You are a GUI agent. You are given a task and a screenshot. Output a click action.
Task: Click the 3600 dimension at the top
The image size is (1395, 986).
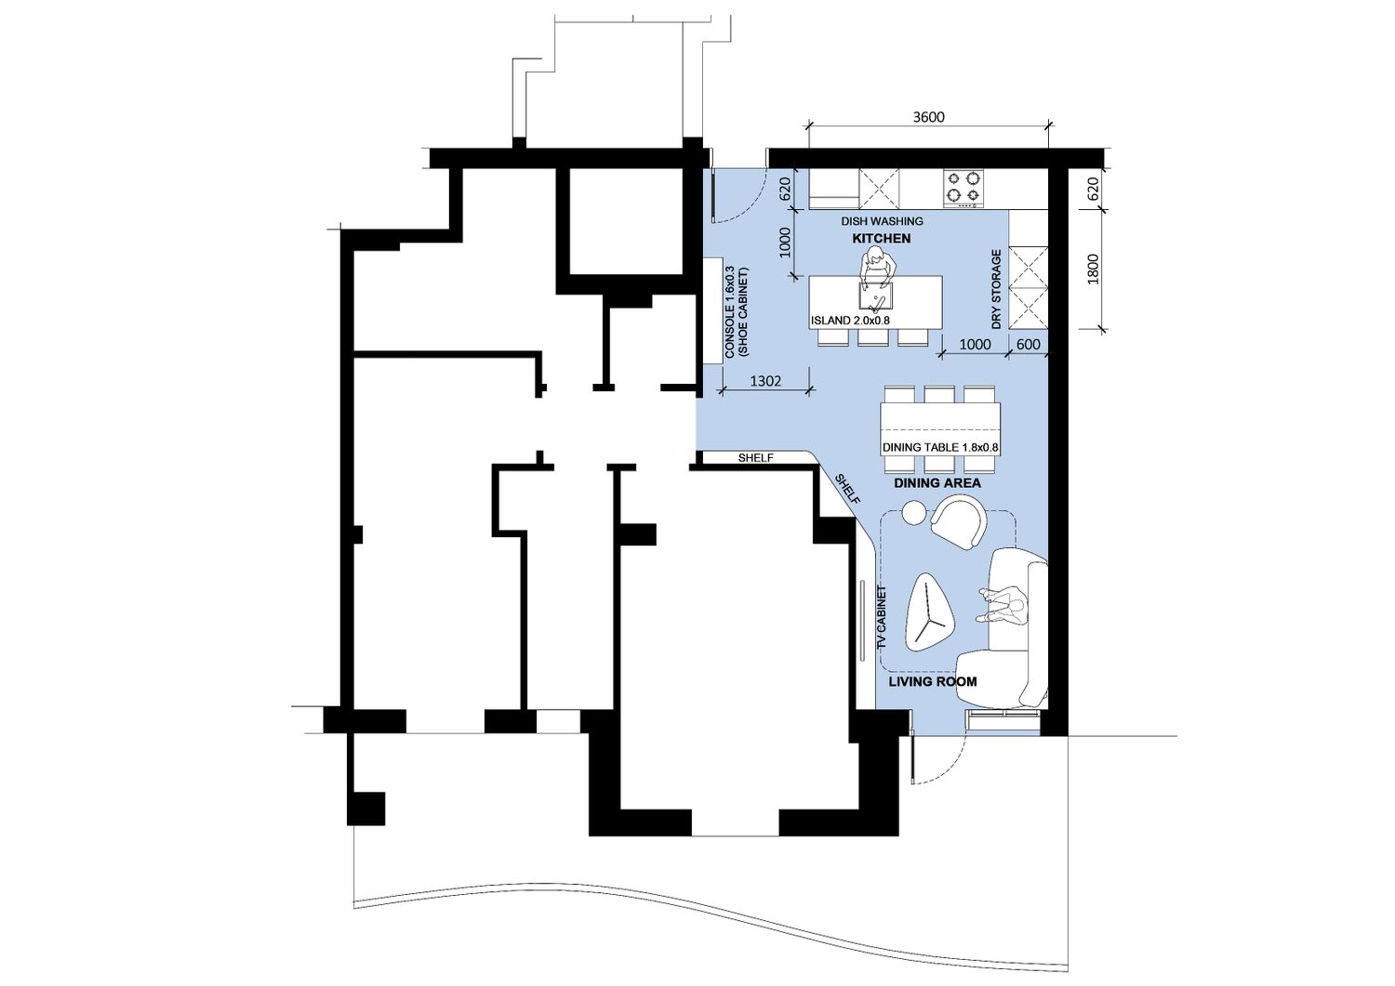(928, 117)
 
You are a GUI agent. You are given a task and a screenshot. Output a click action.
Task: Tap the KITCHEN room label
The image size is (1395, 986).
(882, 239)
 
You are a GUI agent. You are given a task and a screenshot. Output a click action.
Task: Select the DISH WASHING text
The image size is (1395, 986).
(882, 221)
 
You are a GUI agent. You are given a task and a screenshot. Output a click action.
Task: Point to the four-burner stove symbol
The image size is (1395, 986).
(963, 189)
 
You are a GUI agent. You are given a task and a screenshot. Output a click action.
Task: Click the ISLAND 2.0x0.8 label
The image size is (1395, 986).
(850, 321)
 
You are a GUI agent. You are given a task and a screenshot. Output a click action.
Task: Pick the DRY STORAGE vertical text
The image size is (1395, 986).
(996, 289)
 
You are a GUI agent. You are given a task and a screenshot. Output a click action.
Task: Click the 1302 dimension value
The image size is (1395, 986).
(765, 381)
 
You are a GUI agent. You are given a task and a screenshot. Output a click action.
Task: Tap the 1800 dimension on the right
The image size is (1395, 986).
(1094, 269)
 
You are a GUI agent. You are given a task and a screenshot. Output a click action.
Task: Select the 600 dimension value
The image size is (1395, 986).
(1029, 344)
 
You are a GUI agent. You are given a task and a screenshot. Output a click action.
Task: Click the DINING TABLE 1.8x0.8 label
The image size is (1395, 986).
(940, 447)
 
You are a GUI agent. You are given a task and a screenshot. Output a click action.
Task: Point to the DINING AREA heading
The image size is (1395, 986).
(937, 483)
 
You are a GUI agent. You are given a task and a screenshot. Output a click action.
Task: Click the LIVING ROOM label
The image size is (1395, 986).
(932, 681)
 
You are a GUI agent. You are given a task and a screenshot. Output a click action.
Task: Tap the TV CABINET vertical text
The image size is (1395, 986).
(882, 617)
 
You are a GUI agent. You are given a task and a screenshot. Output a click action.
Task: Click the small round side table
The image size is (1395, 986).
(914, 512)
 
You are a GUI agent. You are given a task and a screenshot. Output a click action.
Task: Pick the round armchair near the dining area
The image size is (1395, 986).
(959, 521)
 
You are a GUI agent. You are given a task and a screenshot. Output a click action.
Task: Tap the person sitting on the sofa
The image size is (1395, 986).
(1002, 605)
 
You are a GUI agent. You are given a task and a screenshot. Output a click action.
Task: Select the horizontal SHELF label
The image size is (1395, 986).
(755, 458)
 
